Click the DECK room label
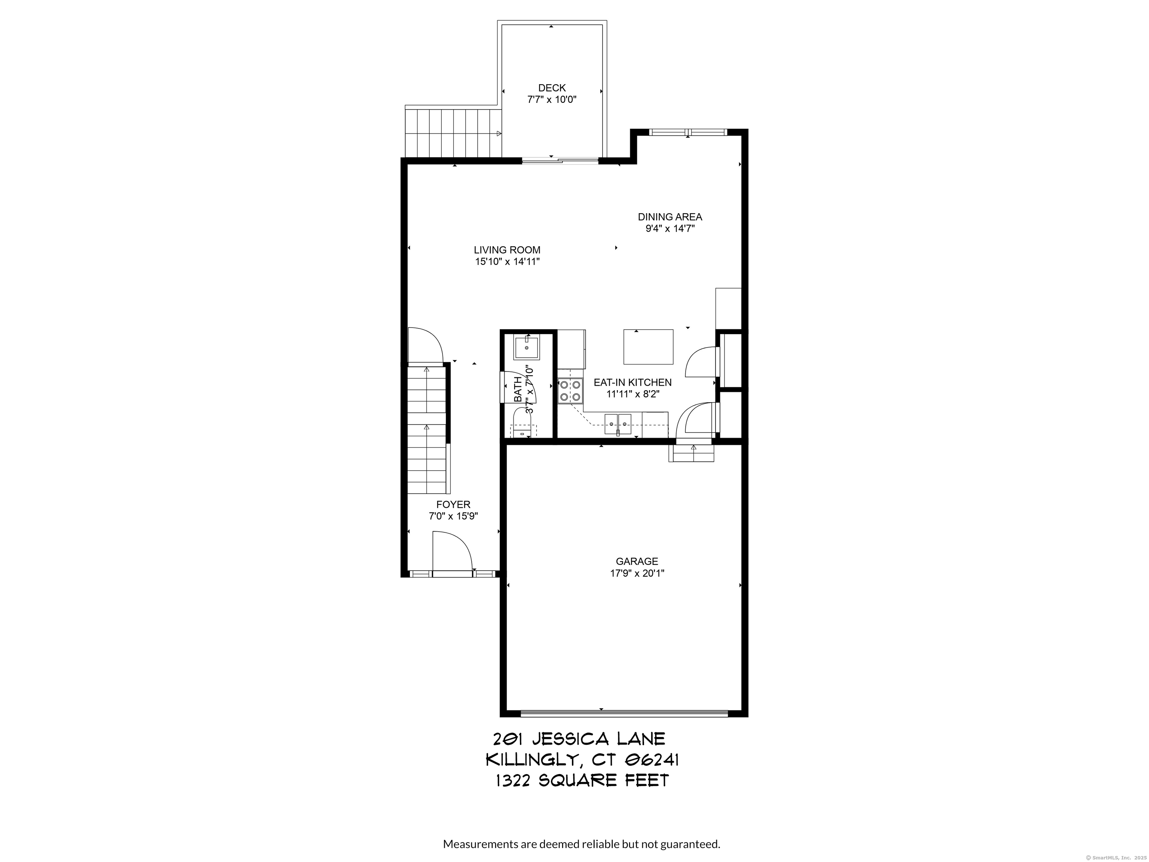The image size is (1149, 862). point(552,88)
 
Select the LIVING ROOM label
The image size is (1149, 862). point(507,250)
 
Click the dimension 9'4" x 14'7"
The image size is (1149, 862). point(670,229)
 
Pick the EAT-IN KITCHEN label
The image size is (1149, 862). point(633,382)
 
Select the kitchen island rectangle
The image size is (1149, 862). point(648,346)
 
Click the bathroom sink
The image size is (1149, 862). point(527,348)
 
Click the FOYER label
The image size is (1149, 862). point(453,505)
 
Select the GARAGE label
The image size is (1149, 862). point(637,561)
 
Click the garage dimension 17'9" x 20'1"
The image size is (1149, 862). point(637,574)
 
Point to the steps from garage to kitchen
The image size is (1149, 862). point(691,453)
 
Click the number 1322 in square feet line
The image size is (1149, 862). point(513,781)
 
